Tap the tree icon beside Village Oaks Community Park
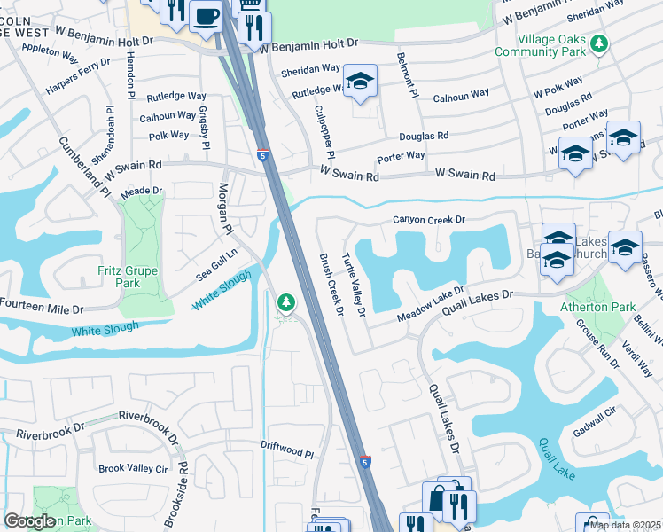click(600, 42)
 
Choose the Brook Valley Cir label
click(133, 468)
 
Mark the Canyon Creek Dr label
click(429, 219)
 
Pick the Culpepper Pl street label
click(320, 130)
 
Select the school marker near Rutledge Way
click(360, 82)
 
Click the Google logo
click(29, 521)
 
